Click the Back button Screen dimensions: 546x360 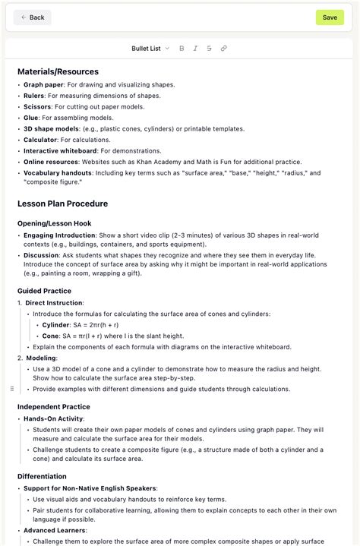pyautogui.click(x=33, y=17)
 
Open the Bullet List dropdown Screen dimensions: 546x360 pyautogui.click(x=150, y=48)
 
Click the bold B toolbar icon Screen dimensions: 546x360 pyautogui.click(x=182, y=48)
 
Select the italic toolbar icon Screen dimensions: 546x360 pyautogui.click(x=195, y=48)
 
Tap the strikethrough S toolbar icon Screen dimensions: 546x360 pyautogui.click(x=209, y=48)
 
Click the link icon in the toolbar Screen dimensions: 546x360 pyautogui.click(x=223, y=48)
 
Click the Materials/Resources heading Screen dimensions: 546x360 pyautogui.click(x=58, y=71)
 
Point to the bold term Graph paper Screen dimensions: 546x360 pyautogui.click(x=43, y=84)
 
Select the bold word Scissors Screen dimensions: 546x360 pyautogui.click(x=38, y=106)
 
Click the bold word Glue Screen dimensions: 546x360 pyautogui.click(x=31, y=118)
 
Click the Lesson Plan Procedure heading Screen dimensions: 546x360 pyautogui.click(x=62, y=204)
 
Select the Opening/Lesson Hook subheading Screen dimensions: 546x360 pyautogui.click(x=54, y=223)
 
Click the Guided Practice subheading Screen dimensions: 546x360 pyautogui.click(x=44, y=291)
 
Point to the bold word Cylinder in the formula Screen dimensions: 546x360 pyautogui.click(x=57, y=324)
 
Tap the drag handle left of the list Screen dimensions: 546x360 pyautogui.click(x=11, y=388)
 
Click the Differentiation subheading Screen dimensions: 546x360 pyautogui.click(x=42, y=475)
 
